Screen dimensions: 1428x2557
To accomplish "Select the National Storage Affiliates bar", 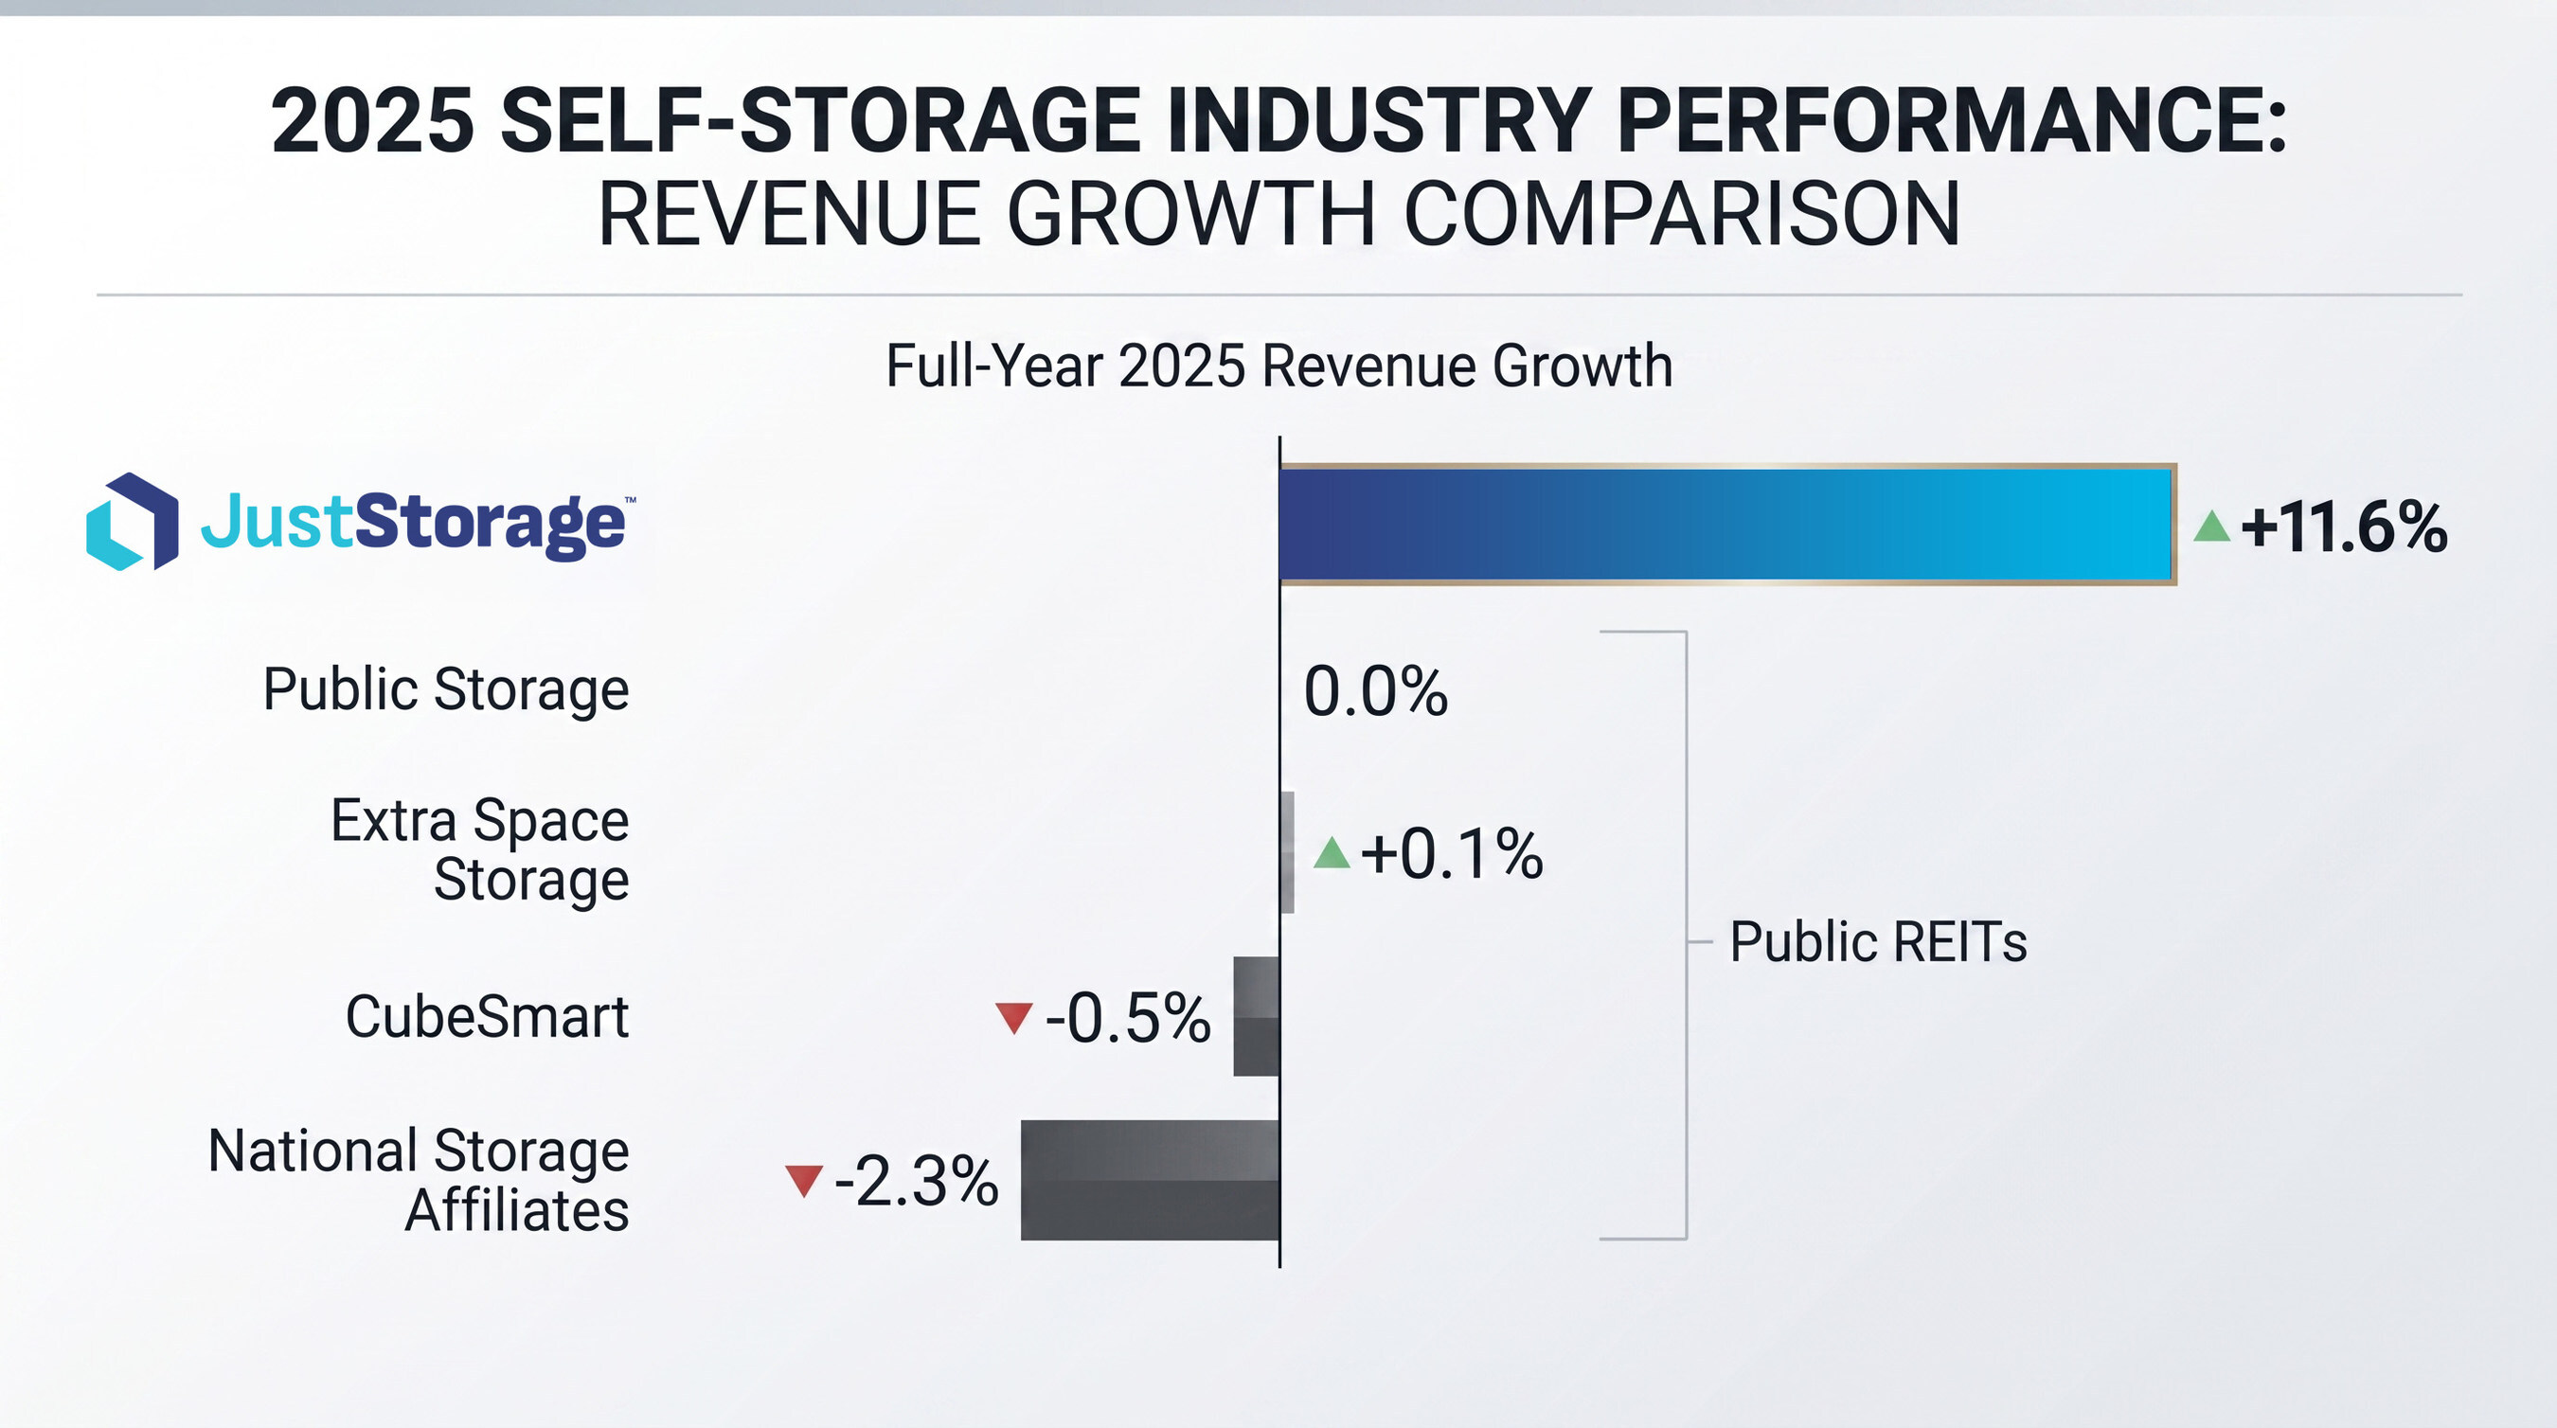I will coord(1150,1180).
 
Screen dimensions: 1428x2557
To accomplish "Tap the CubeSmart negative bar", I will coord(1256,1016).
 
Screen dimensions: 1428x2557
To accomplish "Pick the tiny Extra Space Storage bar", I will coord(1287,852).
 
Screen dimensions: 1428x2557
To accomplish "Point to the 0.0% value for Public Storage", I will coord(1375,691).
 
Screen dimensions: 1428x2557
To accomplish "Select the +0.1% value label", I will coord(1451,853).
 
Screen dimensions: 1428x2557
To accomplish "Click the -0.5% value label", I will coord(1128,1018).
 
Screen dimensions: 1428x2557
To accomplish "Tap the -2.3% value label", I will coord(916,1182).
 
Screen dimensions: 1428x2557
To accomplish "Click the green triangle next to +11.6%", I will coord(2211,527).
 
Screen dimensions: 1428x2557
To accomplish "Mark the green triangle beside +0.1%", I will coord(1332,853).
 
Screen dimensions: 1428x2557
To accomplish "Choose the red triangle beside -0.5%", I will coord(1013,1017).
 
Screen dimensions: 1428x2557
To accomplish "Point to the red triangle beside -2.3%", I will coord(803,1180).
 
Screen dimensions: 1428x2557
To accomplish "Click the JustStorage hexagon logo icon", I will coord(132,522).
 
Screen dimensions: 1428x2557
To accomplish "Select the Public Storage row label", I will coord(446,689).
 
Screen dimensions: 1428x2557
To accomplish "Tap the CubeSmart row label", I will coord(487,1017).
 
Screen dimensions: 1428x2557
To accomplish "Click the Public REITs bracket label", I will coord(1877,942).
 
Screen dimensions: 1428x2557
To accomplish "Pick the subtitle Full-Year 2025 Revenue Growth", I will coord(1278,366).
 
